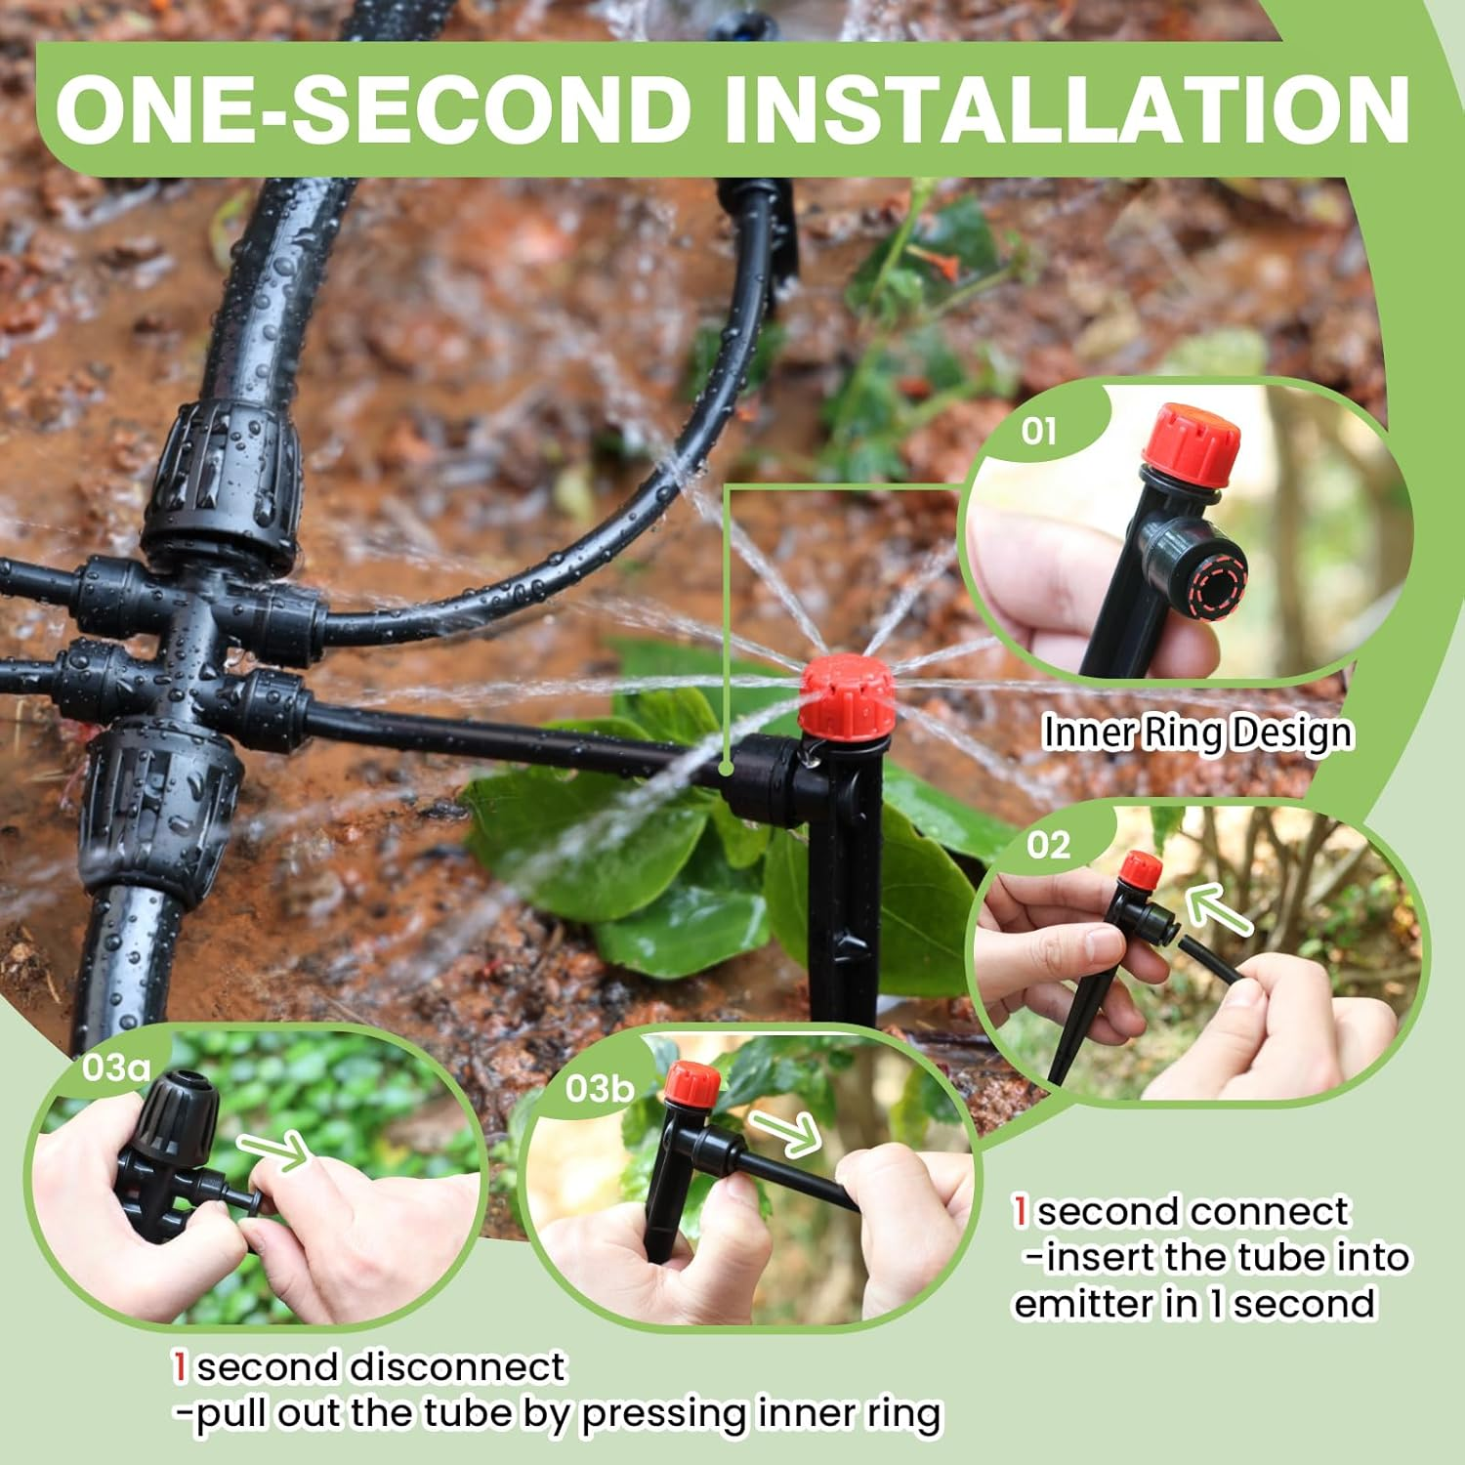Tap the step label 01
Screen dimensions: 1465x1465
pyautogui.click(x=1038, y=431)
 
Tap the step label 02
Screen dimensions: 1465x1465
pyautogui.click(x=1048, y=845)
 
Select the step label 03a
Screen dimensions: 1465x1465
pyautogui.click(x=116, y=1067)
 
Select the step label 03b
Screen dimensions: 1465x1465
pyautogui.click(x=599, y=1088)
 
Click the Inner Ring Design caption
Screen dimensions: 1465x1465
pyautogui.click(x=1197, y=732)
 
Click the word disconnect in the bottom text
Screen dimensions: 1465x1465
pyautogui.click(x=457, y=1366)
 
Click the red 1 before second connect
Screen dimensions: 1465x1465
pyautogui.click(x=1021, y=1212)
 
